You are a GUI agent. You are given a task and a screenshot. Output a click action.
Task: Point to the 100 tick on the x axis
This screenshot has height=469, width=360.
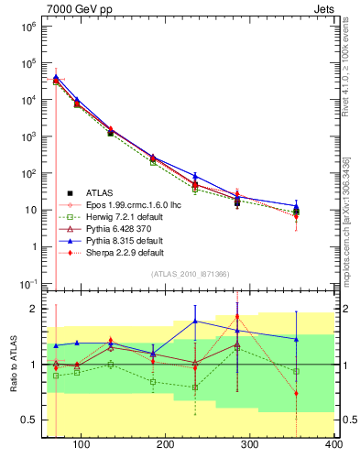(x=82, y=445)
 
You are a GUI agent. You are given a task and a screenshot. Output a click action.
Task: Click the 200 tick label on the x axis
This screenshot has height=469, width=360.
(x=166, y=445)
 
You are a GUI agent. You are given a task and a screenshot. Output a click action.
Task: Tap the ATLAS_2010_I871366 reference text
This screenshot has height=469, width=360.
(x=189, y=275)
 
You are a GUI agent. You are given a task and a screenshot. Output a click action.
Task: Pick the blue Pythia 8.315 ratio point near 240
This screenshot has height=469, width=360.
(x=220, y=321)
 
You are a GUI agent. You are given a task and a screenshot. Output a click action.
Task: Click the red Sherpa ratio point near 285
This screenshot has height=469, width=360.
(x=262, y=317)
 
